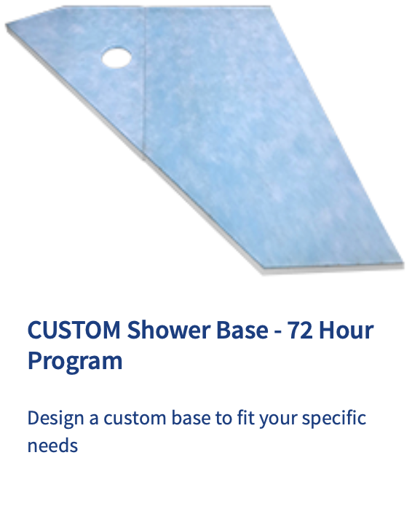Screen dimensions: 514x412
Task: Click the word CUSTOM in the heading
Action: click(x=73, y=331)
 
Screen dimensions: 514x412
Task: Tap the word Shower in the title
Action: click(x=163, y=331)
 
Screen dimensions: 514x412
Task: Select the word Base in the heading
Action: click(x=239, y=331)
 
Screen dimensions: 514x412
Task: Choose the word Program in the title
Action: click(x=75, y=360)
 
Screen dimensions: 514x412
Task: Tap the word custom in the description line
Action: click(x=137, y=419)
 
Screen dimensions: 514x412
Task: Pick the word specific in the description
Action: click(x=333, y=419)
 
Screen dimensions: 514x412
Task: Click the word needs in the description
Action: click(x=52, y=445)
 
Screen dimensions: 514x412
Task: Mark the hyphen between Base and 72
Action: click(x=277, y=332)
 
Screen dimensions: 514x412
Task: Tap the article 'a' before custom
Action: click(x=95, y=419)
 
